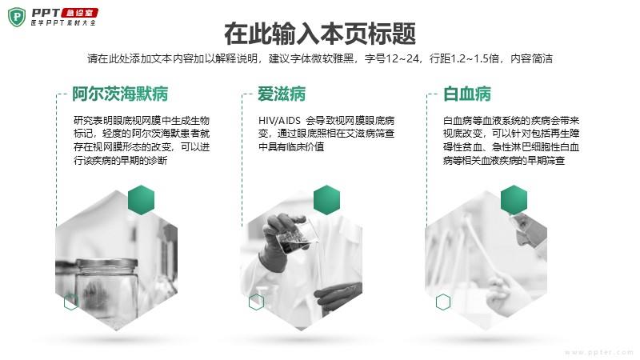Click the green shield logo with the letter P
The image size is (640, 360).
pos(17,17)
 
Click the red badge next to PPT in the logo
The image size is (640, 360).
pos(79,13)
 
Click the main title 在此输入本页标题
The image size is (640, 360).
pos(320,34)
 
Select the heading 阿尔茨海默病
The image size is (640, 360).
pos(120,94)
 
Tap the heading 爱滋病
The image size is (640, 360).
pos(282,94)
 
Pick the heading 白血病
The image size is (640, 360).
pos(467,94)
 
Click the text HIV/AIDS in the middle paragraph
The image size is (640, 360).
pos(279,121)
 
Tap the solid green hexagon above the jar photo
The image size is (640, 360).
pos(142,200)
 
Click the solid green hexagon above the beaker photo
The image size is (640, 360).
pos(326,200)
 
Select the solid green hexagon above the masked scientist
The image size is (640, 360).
pos(514,200)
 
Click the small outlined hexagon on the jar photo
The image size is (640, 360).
pos(71,302)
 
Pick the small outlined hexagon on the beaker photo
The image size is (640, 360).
pos(256,302)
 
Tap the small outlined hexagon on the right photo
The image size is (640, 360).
pos(443,302)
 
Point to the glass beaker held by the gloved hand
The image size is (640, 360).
pos(296,236)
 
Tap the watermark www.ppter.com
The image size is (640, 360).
pos(599,352)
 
